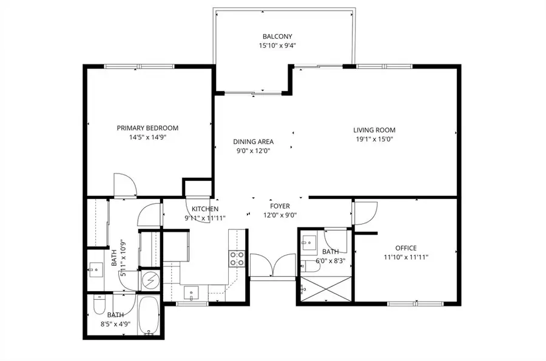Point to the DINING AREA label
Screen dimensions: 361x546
(x=254, y=142)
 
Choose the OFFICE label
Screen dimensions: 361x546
(x=406, y=248)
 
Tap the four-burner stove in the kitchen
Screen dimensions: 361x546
(x=237, y=259)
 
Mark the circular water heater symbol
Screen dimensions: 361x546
(x=149, y=280)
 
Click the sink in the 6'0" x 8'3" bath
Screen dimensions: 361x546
(x=310, y=241)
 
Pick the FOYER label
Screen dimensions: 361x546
(x=280, y=206)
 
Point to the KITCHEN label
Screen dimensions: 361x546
(x=204, y=209)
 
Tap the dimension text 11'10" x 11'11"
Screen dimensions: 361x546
(x=406, y=257)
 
